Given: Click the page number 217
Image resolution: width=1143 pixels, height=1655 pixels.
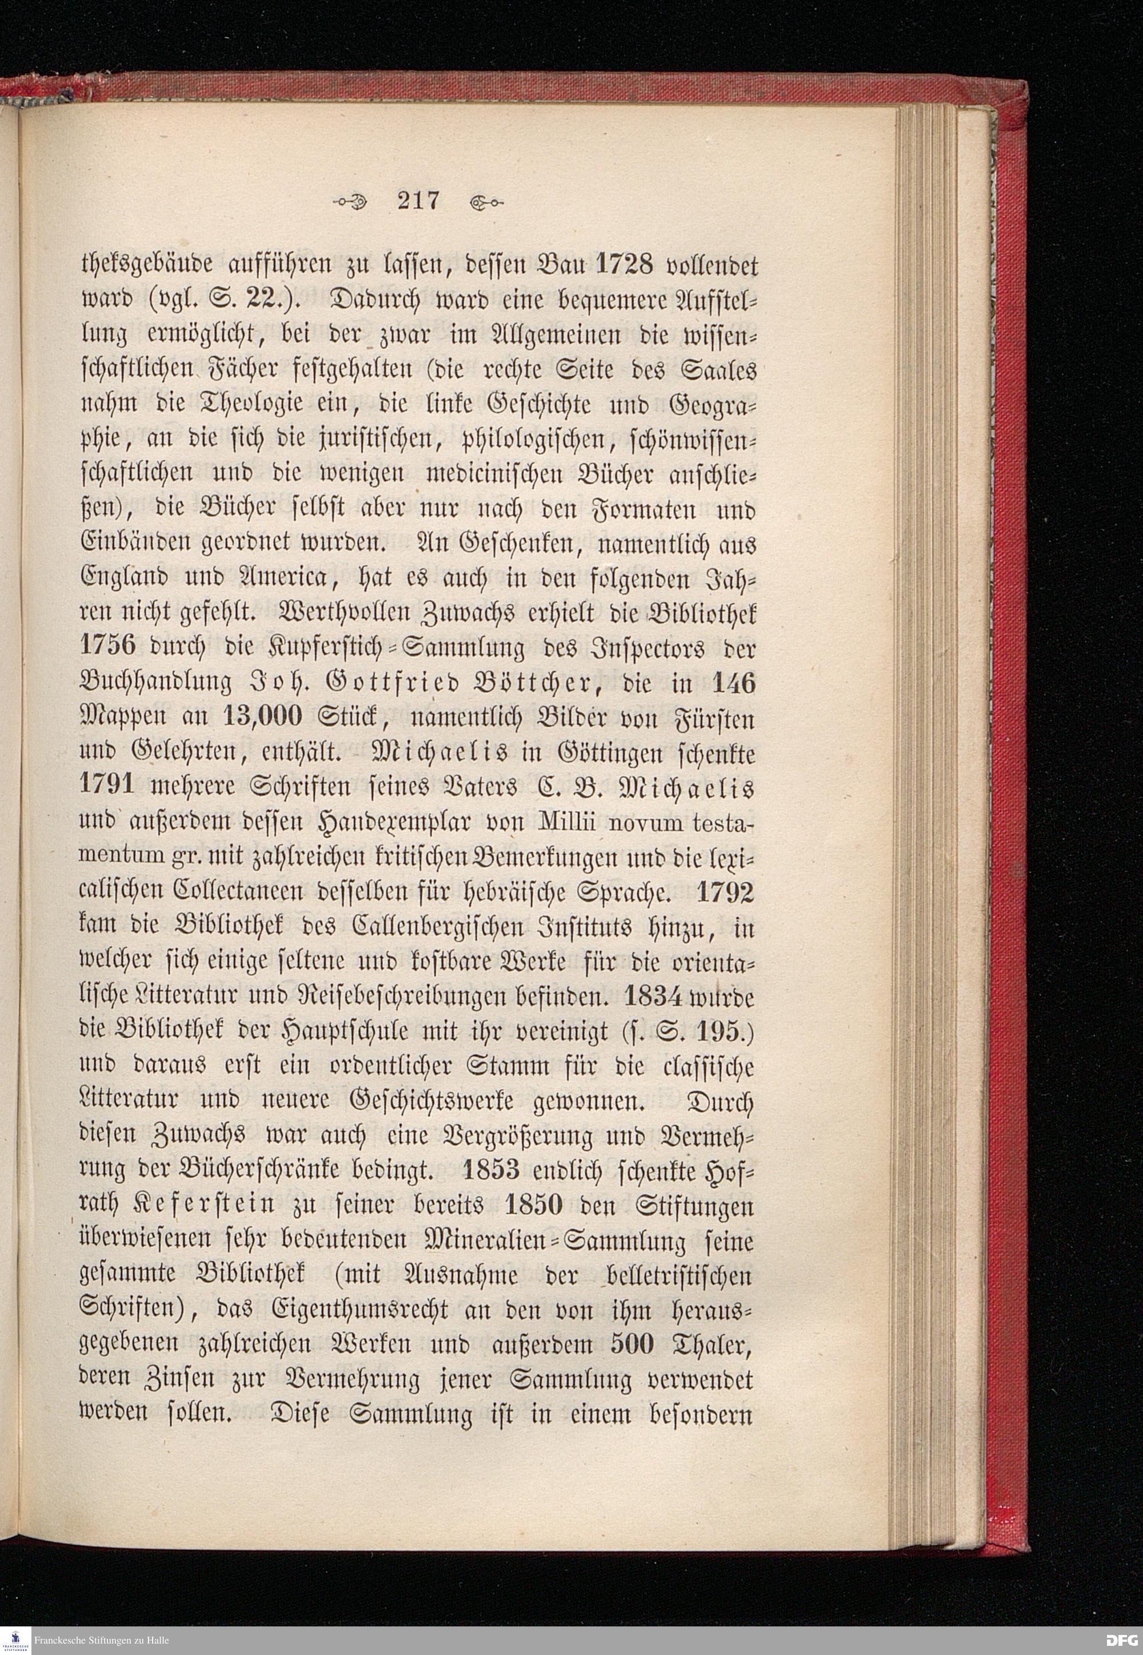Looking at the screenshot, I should (x=419, y=201).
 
